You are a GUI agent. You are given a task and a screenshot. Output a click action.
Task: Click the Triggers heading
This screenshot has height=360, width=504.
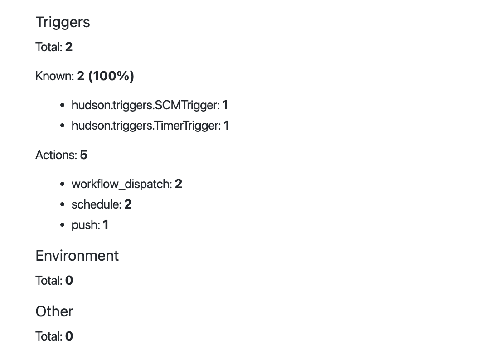coord(63,23)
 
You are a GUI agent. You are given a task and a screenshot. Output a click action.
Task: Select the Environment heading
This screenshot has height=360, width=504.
coord(77,256)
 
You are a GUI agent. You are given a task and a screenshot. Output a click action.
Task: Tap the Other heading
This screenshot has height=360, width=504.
coord(54,311)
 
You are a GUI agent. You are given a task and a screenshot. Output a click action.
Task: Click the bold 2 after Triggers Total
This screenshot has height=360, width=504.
coord(69,47)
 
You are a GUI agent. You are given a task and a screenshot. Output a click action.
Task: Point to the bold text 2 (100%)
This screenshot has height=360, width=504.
coord(106,76)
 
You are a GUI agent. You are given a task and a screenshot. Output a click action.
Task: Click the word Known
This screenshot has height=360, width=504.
coord(53,76)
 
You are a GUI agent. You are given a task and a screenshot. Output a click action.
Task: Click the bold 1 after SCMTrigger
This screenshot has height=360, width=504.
coord(225,105)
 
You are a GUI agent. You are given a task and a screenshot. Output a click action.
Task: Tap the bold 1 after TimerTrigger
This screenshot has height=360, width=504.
coord(226,125)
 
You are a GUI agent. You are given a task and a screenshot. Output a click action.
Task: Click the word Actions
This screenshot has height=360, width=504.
coord(55,155)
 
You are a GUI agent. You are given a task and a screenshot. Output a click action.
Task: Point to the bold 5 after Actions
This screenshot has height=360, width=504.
coord(83,155)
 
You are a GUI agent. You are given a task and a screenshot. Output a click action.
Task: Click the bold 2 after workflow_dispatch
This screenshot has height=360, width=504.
coord(179,184)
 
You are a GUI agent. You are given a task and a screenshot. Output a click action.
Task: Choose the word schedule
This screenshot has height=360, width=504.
coord(95,204)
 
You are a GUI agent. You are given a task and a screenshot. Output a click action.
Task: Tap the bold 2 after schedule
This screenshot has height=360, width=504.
coord(128,204)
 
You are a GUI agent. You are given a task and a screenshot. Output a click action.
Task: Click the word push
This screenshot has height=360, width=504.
coord(85,225)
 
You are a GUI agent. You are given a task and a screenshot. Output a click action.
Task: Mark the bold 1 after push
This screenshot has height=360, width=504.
coord(106,225)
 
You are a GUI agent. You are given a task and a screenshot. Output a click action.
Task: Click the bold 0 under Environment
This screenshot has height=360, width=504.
coord(69,281)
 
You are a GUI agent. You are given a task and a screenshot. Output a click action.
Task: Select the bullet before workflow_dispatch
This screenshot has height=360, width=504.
coord(63,184)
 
